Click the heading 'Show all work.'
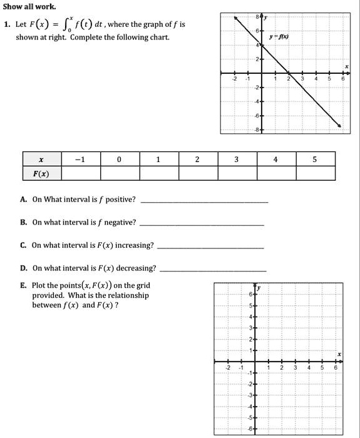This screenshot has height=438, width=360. coord(29,6)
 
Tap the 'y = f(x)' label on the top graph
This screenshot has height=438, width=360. coord(278,37)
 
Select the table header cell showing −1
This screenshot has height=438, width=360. coord(80,159)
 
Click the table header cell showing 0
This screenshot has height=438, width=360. coord(119,159)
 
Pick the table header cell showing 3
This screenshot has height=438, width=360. coord(236,159)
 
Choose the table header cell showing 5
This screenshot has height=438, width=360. coord(315,159)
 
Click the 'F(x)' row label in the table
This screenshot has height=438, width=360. coord(41,173)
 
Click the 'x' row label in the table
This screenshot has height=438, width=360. coord(41,159)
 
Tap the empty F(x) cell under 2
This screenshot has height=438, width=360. coord(197,173)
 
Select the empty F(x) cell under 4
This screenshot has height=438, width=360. coord(275,173)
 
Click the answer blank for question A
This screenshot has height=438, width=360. coord(205,201)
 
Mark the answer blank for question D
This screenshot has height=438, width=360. coord(213,270)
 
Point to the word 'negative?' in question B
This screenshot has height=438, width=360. coord(120,222)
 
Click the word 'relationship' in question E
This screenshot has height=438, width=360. coord(128,295)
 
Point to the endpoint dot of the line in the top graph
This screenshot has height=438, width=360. coord(340,126)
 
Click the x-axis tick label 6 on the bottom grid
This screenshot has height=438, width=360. coord(336,368)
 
